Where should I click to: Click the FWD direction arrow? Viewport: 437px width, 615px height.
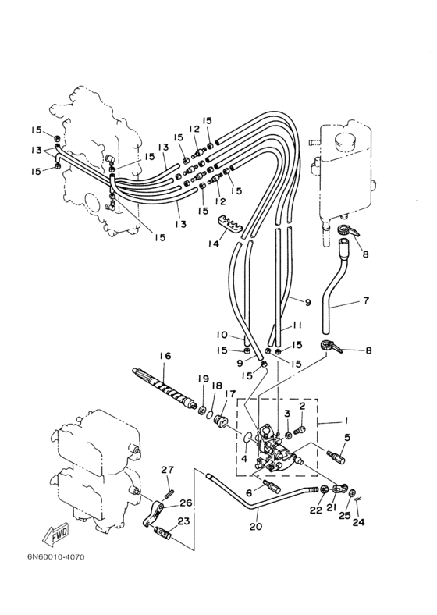(55, 533)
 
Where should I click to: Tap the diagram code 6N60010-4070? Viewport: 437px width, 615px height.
(55, 557)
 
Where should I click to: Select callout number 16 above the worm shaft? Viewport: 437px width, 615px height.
(165, 356)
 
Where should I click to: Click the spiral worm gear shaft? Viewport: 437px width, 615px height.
(165, 388)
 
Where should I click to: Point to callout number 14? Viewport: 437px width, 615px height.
(213, 244)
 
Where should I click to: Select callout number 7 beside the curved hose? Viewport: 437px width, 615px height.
(366, 300)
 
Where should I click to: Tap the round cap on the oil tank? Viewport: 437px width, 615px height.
(344, 140)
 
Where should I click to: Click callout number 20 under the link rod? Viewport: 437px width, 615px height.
(256, 526)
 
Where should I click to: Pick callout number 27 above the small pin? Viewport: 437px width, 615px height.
(168, 470)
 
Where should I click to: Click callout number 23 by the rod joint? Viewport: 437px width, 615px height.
(183, 521)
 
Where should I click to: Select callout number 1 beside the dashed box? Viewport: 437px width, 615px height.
(346, 420)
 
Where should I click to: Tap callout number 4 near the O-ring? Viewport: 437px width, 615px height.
(244, 458)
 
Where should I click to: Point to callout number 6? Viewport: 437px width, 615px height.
(249, 492)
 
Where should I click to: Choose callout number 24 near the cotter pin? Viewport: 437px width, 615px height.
(358, 522)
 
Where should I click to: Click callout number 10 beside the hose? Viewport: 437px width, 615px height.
(222, 335)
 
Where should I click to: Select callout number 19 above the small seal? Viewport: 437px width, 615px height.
(203, 379)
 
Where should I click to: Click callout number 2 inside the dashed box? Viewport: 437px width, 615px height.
(302, 406)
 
